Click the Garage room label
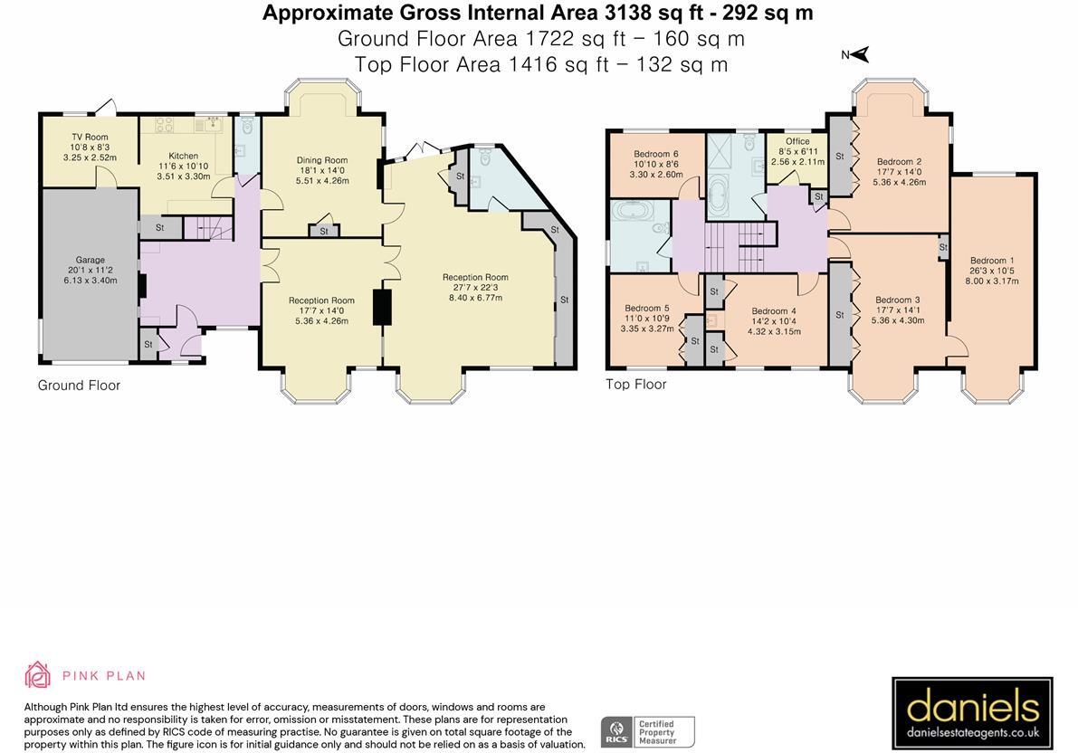[x=91, y=260]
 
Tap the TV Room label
[x=91, y=137]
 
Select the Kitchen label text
[x=184, y=156]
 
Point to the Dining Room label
[x=322, y=160]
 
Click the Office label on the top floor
[x=797, y=141]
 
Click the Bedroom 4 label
[x=774, y=310]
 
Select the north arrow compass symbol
[x=856, y=54]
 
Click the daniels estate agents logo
[x=972, y=713]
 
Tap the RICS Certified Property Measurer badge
[x=648, y=731]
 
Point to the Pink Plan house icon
[x=37, y=674]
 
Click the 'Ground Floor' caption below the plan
[x=79, y=385]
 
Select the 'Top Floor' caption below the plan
[x=636, y=384]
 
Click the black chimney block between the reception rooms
[x=382, y=307]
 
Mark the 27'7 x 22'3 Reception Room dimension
[x=476, y=288]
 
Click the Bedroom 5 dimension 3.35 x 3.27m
[x=648, y=329]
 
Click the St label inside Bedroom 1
[x=943, y=248]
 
